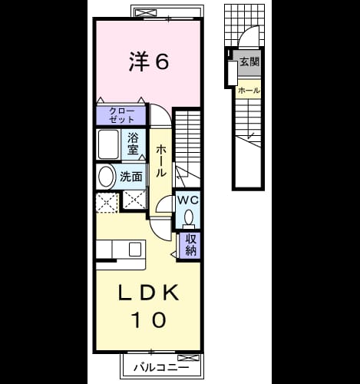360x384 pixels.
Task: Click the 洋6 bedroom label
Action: point(149,61)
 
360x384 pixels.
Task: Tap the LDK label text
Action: point(149,293)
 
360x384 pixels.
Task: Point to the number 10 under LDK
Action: point(149,319)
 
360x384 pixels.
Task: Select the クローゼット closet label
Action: point(121,115)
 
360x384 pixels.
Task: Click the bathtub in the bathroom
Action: point(109,144)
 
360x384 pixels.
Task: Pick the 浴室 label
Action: point(133,144)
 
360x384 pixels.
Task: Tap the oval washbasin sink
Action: point(106,177)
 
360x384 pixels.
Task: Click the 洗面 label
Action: point(131,177)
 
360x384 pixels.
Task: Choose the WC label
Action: point(188,200)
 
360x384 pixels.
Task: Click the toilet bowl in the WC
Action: point(189,217)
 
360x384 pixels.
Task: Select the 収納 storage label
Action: point(190,245)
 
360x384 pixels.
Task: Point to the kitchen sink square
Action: point(135,249)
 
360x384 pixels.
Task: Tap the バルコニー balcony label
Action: point(161,368)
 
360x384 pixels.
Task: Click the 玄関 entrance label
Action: point(249,61)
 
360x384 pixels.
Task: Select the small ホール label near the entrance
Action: point(249,91)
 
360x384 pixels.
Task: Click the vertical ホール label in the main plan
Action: point(161,161)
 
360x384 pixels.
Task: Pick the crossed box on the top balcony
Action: point(146,12)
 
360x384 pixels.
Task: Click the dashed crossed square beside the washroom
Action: point(107,203)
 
